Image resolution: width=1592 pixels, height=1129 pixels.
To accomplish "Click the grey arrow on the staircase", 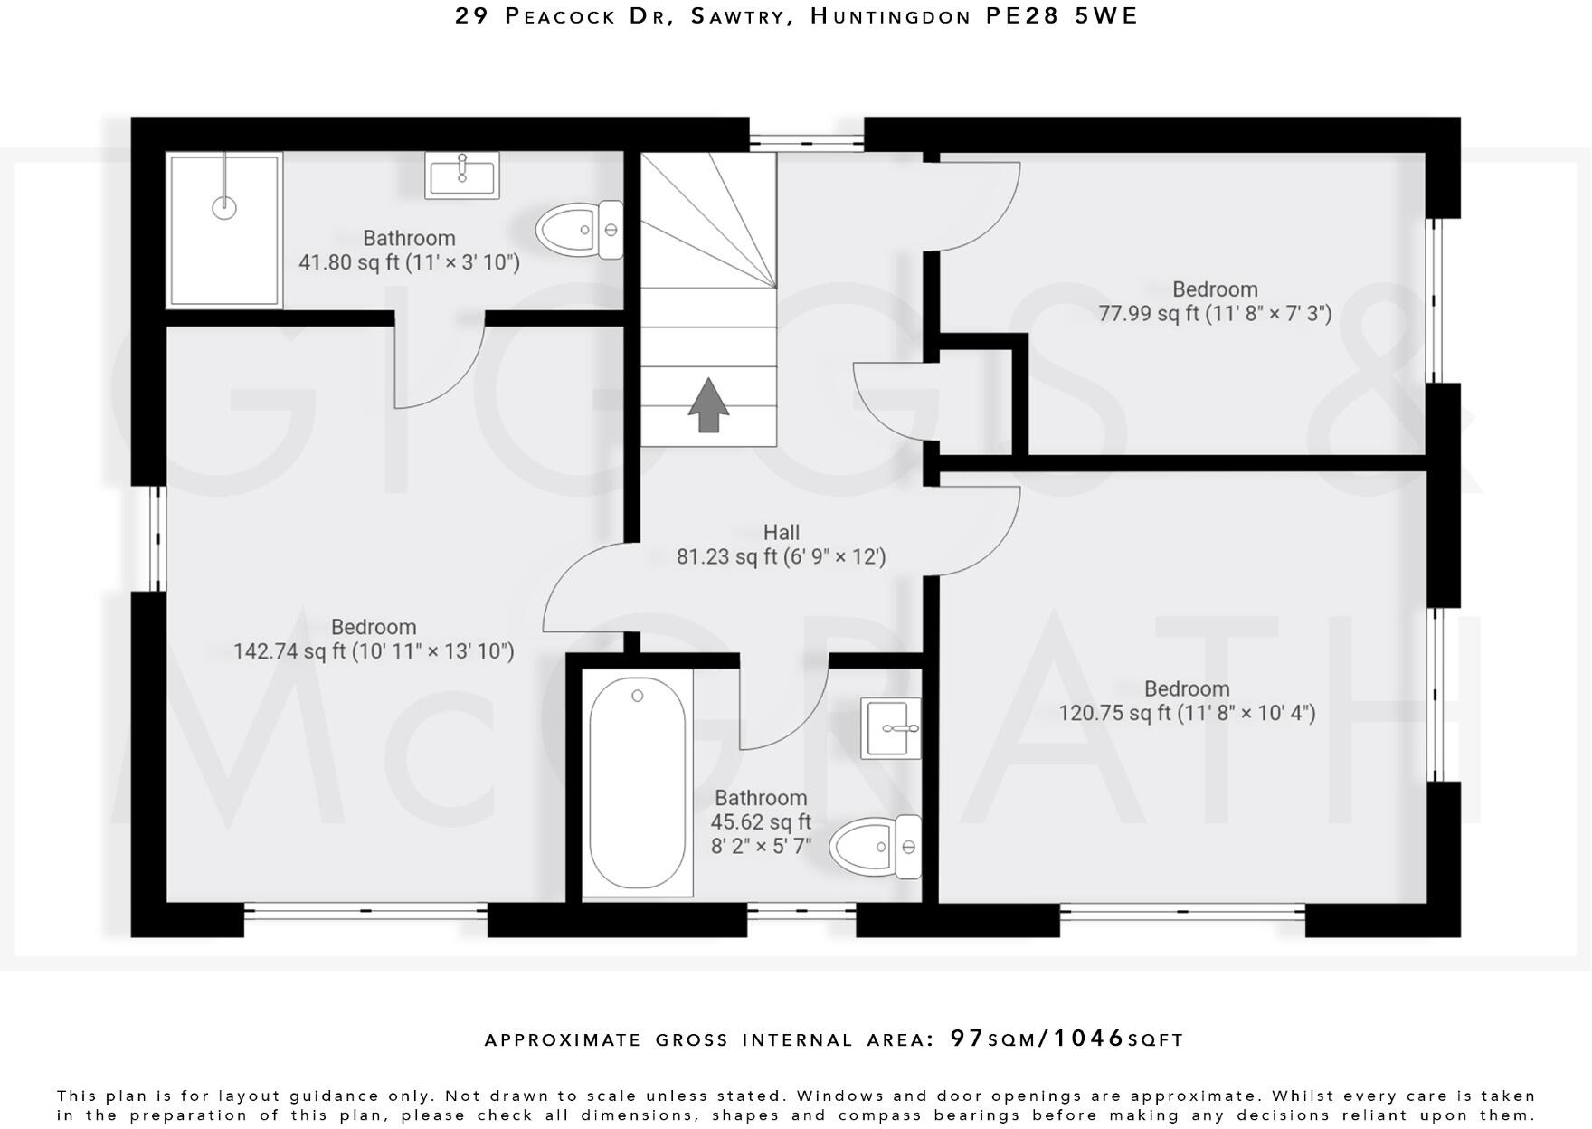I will [x=708, y=405].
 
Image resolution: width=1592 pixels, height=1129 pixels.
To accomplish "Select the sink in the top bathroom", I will [x=462, y=175].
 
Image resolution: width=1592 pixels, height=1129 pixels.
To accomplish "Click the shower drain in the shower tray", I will [x=224, y=207].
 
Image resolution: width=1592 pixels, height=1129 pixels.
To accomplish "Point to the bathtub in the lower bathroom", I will [x=637, y=783].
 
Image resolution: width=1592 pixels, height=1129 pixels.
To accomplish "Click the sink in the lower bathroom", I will [x=890, y=728].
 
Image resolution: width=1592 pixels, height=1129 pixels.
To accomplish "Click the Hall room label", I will [x=781, y=532].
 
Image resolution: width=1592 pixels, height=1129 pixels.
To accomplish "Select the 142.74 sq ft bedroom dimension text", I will [x=374, y=651].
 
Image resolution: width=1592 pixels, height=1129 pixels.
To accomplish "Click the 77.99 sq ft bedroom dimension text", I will [x=1215, y=314].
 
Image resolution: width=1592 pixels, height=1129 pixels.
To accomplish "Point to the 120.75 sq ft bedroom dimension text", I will [x=1187, y=713].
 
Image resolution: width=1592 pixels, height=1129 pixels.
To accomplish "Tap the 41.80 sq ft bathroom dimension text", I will [x=409, y=262].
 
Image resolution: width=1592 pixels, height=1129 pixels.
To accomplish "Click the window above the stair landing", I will [x=806, y=140].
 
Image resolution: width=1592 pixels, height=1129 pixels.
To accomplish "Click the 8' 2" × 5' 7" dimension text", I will [x=761, y=847].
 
